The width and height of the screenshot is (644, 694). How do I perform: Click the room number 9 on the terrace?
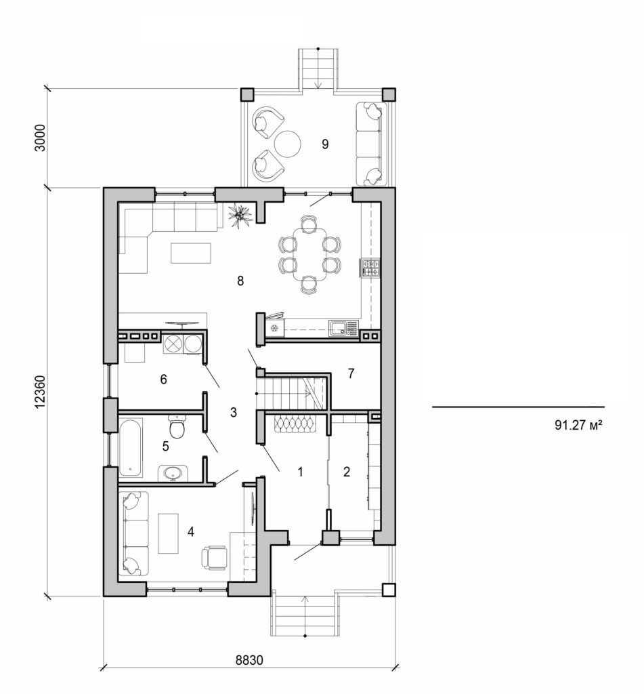(325, 144)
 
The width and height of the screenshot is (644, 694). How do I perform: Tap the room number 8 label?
(240, 281)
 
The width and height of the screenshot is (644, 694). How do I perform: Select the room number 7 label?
(351, 372)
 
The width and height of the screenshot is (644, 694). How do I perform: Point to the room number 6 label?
(163, 379)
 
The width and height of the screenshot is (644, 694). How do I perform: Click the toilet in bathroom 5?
(177, 429)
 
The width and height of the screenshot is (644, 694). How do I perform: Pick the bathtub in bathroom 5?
(131, 447)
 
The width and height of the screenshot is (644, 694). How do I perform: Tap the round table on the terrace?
(288, 143)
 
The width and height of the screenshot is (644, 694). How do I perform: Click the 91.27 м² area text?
(578, 426)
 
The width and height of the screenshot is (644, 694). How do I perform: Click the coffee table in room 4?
(168, 533)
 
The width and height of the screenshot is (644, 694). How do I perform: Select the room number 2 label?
(347, 472)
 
